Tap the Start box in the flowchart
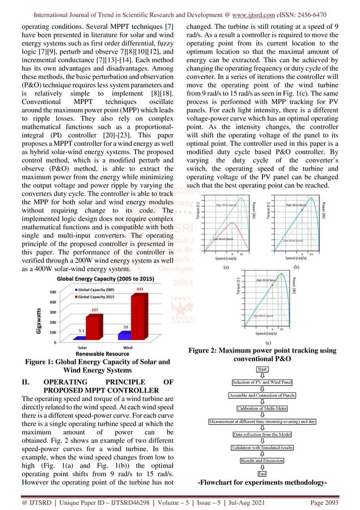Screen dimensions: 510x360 pyautogui.click(x=262, y=369)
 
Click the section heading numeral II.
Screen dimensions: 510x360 pyautogui.click(x=17, y=382)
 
